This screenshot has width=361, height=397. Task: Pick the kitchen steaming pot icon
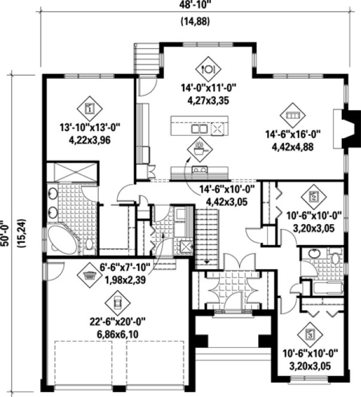pyautogui.click(x=199, y=146)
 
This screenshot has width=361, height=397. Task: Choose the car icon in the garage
pyautogui.click(x=118, y=300)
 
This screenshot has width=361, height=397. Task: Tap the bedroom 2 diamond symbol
pyautogui.click(x=313, y=196)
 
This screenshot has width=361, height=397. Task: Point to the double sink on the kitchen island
pyautogui.click(x=199, y=129)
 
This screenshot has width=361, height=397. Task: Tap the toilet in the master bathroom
pyautogui.click(x=88, y=244)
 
